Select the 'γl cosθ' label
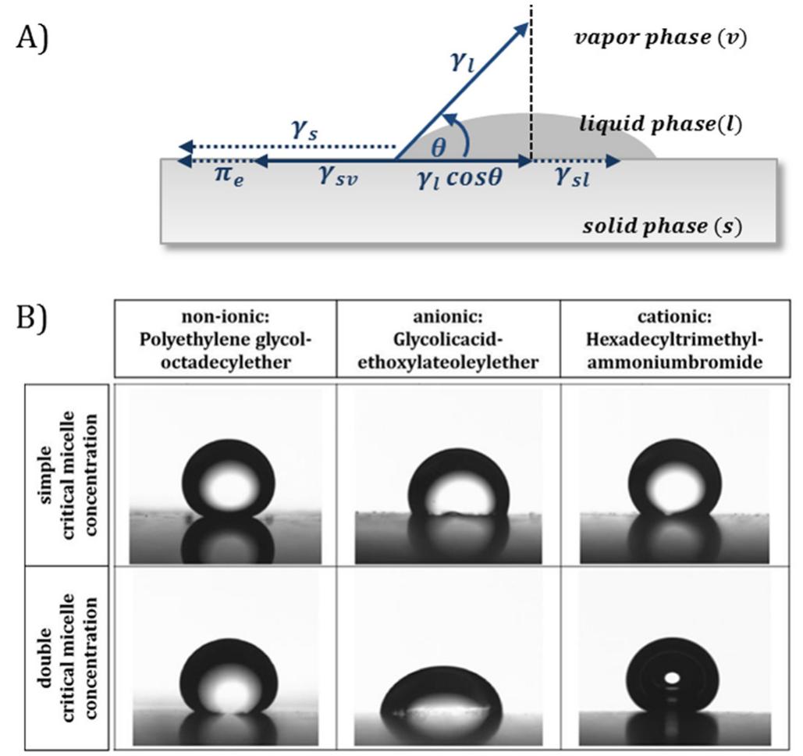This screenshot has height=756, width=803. click(457, 179)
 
